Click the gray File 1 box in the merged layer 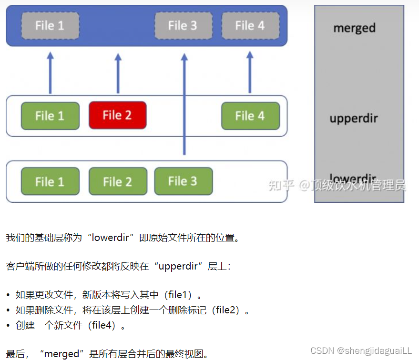[x=50, y=26]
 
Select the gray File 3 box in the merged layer [x=183, y=26]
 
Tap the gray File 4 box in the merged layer [x=250, y=26]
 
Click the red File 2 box [x=117, y=115]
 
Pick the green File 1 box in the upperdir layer [x=50, y=116]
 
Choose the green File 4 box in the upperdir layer [x=250, y=116]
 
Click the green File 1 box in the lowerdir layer [x=50, y=181]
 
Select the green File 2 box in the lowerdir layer [x=117, y=181]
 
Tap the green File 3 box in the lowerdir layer [x=183, y=181]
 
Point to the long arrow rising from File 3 [x=184, y=105]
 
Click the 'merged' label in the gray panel [x=354, y=28]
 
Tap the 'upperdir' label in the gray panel [x=354, y=118]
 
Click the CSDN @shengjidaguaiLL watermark [x=361, y=351]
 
